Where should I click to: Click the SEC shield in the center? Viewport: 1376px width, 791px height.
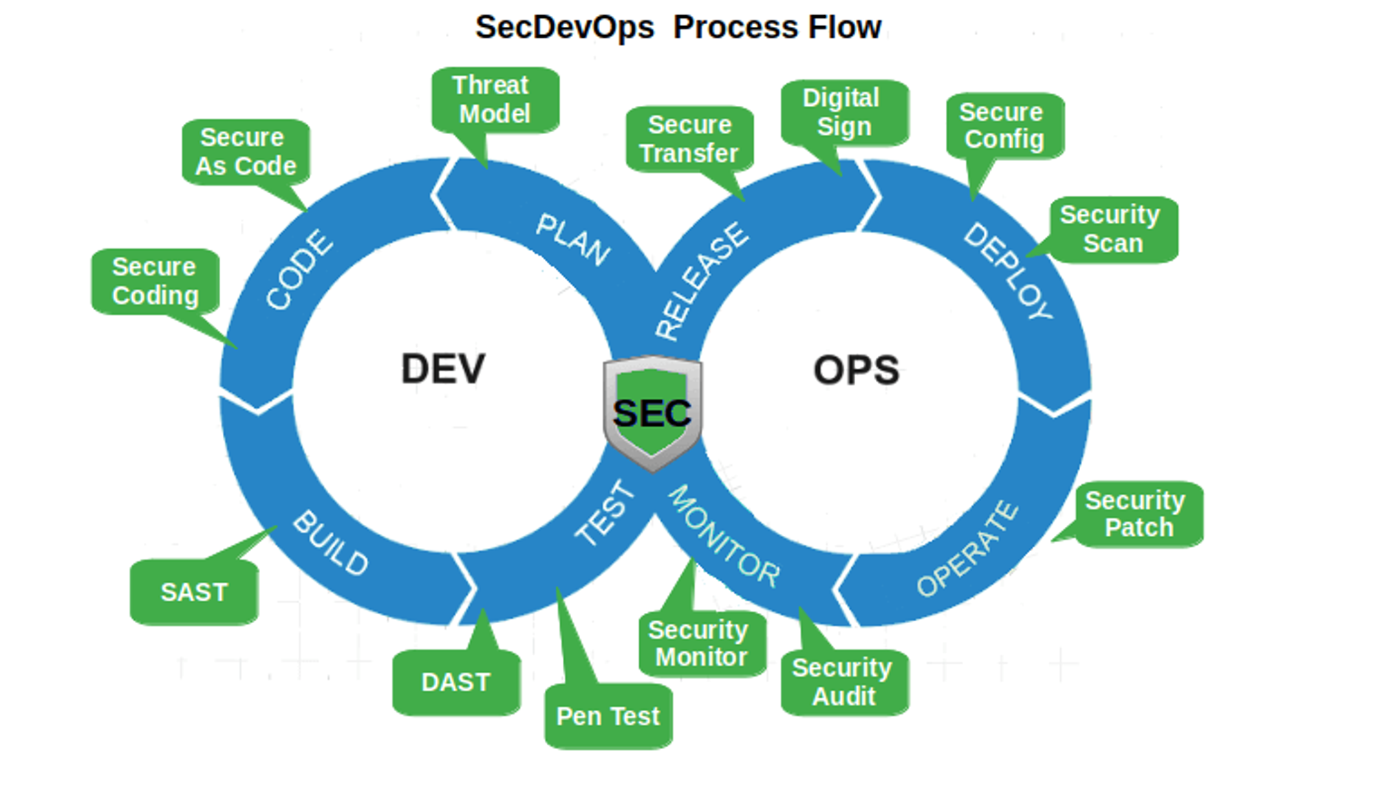point(652,413)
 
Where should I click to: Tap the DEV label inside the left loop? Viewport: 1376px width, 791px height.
point(443,369)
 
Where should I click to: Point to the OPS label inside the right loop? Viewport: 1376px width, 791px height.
point(856,370)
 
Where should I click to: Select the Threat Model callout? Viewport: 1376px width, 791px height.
point(495,100)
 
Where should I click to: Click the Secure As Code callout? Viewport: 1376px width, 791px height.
point(246,152)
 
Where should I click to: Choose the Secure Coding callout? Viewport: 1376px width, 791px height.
point(155,281)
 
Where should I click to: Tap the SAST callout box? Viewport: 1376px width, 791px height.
point(194,592)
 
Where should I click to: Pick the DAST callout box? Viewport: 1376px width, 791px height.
point(456,682)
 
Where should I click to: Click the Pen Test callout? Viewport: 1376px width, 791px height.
point(608,716)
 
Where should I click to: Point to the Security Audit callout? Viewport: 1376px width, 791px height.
point(845,682)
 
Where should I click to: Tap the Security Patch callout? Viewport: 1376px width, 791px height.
point(1139,514)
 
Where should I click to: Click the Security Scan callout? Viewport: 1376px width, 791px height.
point(1114,229)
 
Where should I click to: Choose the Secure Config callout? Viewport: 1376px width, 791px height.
point(1004,126)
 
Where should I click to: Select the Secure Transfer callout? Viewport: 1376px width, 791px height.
point(689,139)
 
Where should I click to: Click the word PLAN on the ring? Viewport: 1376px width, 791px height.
point(573,239)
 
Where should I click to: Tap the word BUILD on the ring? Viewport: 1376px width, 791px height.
point(331,543)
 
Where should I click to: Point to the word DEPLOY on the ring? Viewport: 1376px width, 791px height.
point(1009,271)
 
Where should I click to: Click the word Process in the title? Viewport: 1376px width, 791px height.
point(735,28)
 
